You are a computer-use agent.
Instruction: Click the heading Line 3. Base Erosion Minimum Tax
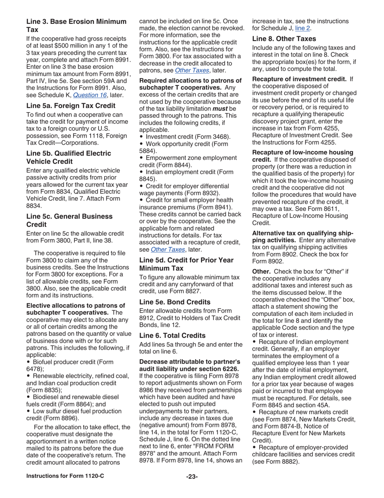click(76, 26)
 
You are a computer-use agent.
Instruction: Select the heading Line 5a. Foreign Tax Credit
click(71, 106)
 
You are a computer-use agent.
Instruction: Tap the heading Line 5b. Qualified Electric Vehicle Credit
click(68, 157)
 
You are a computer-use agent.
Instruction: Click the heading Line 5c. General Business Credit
click(69, 220)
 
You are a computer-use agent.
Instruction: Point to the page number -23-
click(192, 477)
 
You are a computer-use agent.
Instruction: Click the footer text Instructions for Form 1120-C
click(65, 476)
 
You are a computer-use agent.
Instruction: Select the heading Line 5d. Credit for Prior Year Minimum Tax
click(186, 264)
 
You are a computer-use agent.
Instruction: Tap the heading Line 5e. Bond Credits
click(175, 302)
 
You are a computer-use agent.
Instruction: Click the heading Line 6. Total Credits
click(172, 336)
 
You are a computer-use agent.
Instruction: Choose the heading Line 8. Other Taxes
click(284, 39)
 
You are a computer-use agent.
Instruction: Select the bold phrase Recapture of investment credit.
click(299, 79)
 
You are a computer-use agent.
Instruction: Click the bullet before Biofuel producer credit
click(28, 362)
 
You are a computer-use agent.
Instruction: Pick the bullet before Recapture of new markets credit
click(254, 412)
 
